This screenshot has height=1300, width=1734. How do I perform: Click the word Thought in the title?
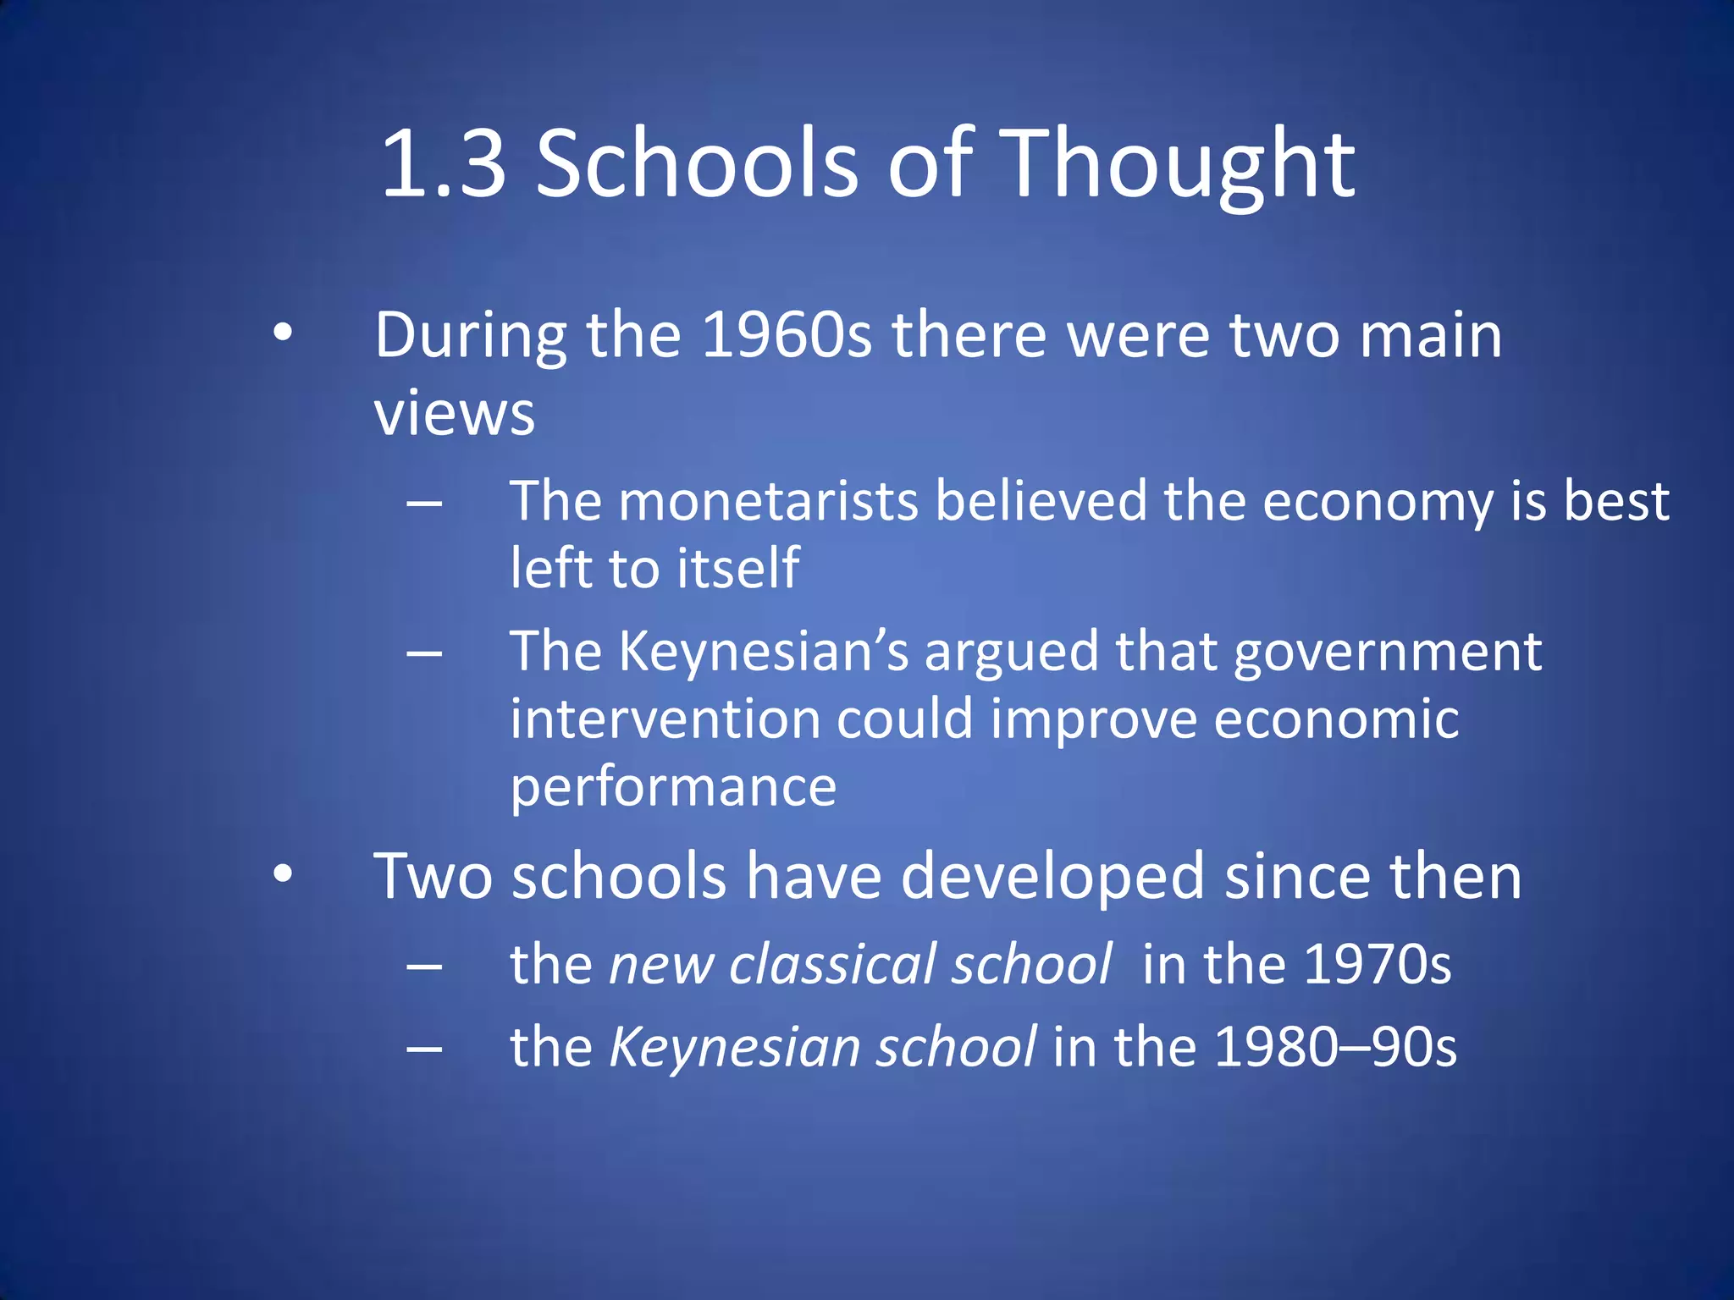pos(1181,165)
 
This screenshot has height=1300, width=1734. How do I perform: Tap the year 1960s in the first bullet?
pos(787,335)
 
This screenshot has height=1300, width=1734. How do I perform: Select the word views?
pos(455,414)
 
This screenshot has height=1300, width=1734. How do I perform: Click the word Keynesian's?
pos(764,653)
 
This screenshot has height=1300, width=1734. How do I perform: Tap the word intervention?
pos(665,719)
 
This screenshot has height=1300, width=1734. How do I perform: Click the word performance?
pos(673,787)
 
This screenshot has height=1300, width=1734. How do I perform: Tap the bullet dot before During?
pos(283,333)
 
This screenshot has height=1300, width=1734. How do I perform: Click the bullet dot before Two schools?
pos(283,873)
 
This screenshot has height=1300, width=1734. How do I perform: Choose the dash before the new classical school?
pos(424,966)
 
